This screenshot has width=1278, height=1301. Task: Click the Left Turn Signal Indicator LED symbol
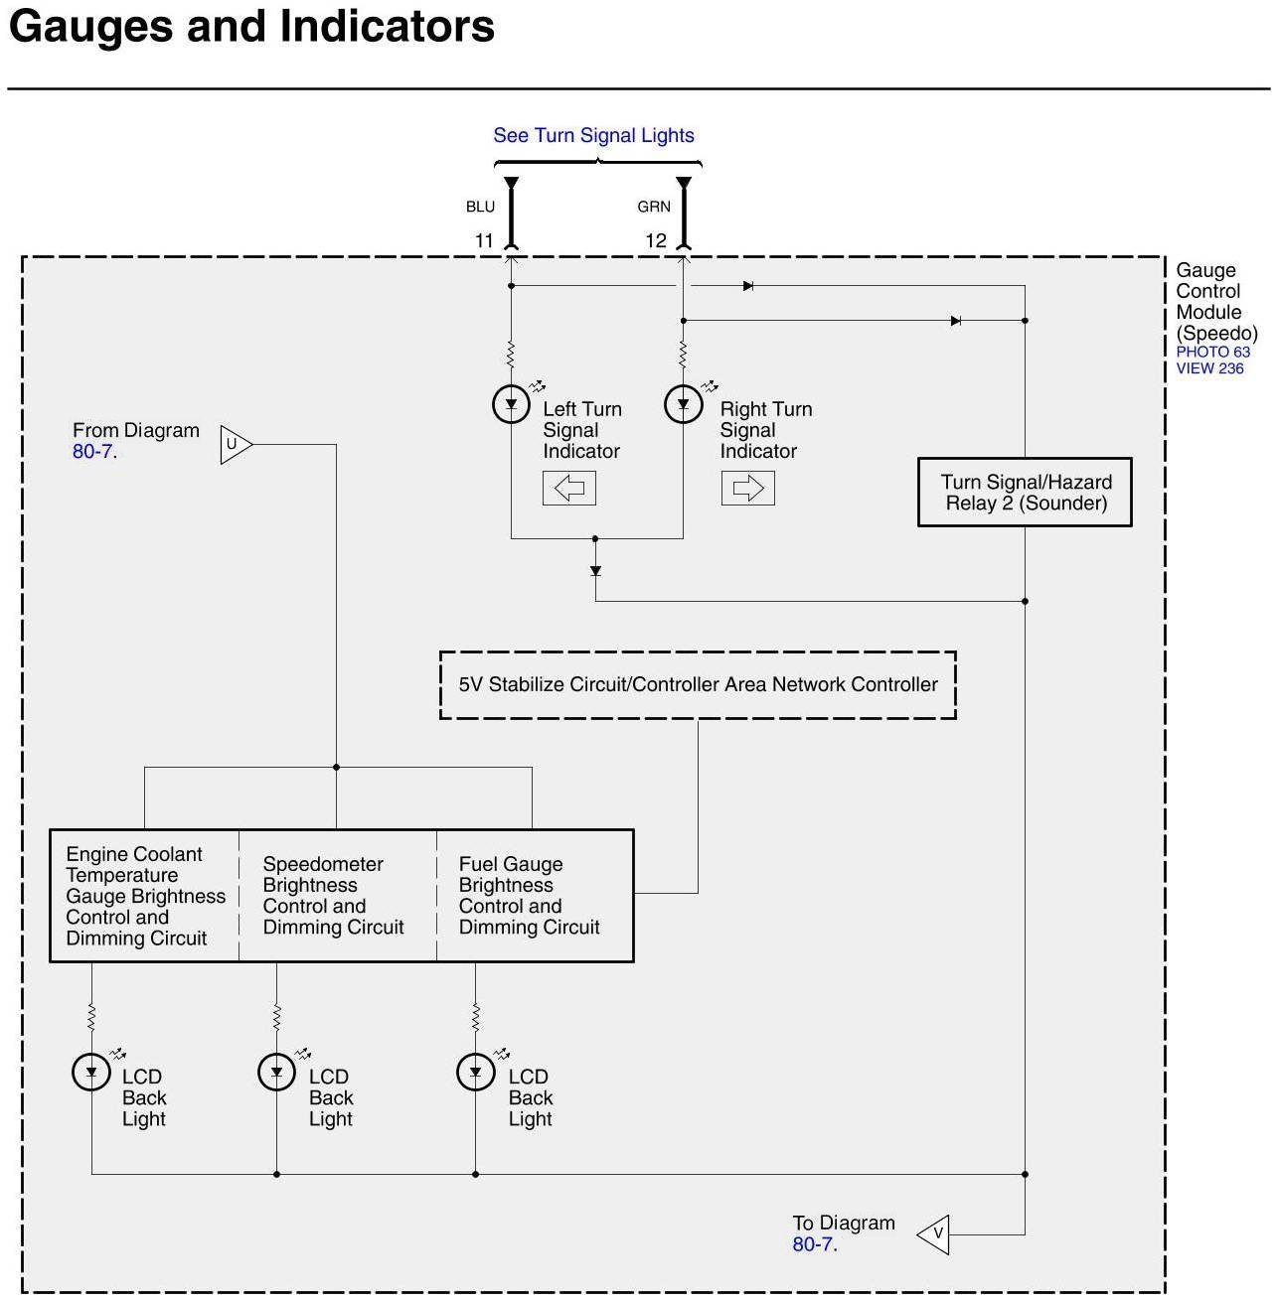tap(511, 404)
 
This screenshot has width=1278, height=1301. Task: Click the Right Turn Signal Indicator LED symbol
tap(683, 404)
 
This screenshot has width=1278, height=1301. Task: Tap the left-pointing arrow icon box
tap(568, 488)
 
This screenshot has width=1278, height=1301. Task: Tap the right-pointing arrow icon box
tap(747, 488)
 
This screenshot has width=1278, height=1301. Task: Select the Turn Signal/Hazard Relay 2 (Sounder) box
tap(1025, 493)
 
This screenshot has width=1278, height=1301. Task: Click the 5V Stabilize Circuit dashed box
tap(698, 684)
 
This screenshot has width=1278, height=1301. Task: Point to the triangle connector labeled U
tap(235, 444)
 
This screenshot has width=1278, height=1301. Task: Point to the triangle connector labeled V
tap(934, 1234)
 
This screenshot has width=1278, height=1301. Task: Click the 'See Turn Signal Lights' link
tap(593, 135)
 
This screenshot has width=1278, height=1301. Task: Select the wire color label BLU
tap(480, 207)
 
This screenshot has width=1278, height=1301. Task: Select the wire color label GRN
tap(654, 207)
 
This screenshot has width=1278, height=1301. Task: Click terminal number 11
tap(484, 240)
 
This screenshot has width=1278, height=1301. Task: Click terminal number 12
tap(656, 240)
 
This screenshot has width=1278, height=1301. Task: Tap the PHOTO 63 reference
tap(1212, 352)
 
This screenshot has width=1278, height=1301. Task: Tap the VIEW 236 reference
tap(1209, 368)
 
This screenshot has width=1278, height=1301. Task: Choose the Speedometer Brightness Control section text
tap(333, 896)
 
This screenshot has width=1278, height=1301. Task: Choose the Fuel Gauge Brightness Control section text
tap(529, 896)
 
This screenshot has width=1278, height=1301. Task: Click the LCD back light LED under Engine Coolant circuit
tap(91, 1072)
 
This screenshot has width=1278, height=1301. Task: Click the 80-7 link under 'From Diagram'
tap(92, 452)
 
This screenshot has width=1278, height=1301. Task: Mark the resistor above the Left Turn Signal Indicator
tap(511, 355)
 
